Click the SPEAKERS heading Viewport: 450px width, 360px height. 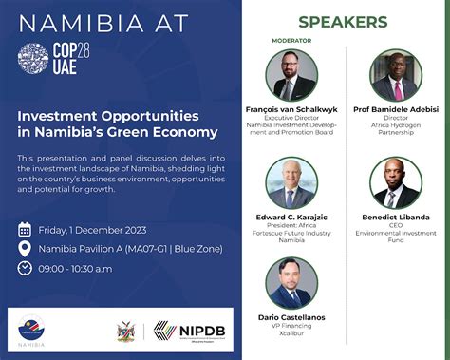(x=342, y=21)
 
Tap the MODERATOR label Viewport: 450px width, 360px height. (x=291, y=42)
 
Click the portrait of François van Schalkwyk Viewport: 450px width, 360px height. (x=291, y=75)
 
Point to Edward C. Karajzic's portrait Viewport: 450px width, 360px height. (x=291, y=183)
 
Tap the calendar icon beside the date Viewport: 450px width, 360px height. (x=25, y=230)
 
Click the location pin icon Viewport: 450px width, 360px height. (x=25, y=249)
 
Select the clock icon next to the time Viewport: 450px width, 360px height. (x=25, y=268)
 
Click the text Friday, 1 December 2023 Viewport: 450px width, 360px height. (x=91, y=230)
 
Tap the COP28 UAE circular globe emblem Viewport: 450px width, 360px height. (x=32, y=59)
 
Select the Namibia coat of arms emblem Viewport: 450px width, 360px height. (x=122, y=332)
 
